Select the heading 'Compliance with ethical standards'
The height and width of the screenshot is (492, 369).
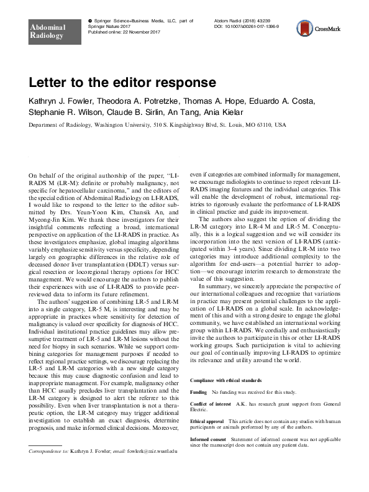coord(225,380)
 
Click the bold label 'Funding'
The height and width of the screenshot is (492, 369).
coord(198,393)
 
